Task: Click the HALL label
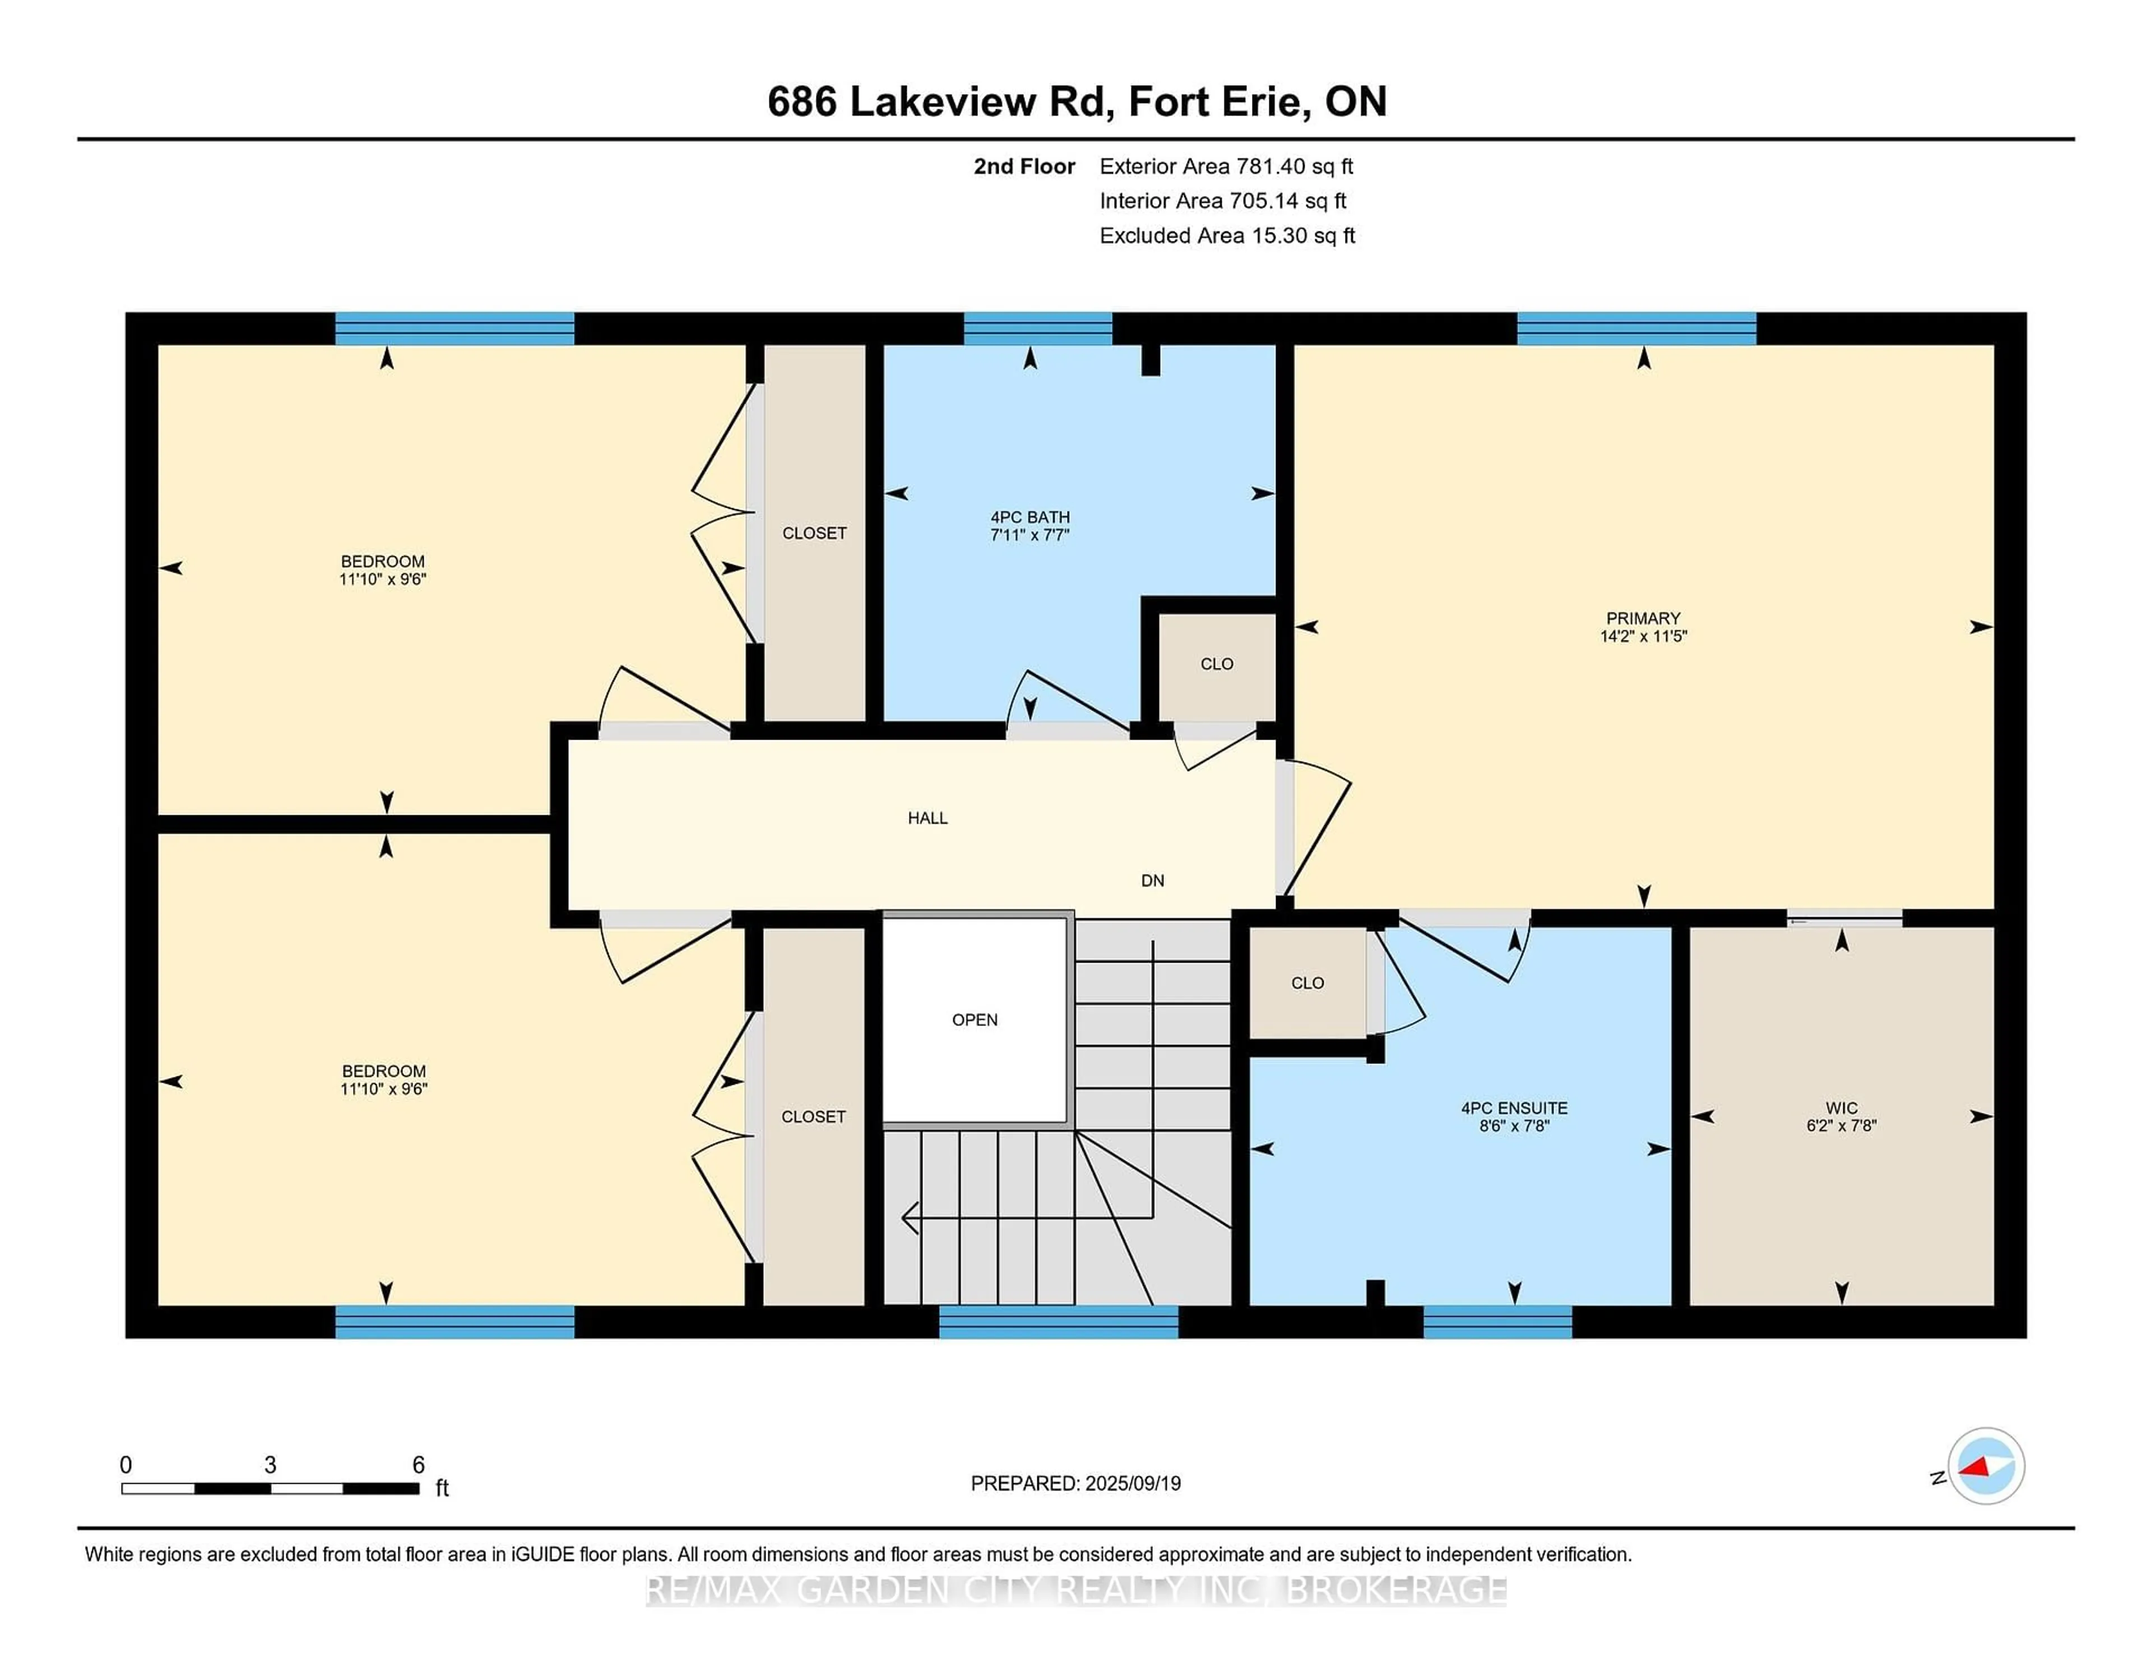[927, 817]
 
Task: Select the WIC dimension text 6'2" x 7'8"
[1840, 1125]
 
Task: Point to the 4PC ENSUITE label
[1514, 1108]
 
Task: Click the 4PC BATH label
[1029, 517]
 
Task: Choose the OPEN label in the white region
[975, 1020]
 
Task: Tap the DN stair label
[1152, 881]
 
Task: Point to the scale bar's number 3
[270, 1465]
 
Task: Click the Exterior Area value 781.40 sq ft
[1295, 166]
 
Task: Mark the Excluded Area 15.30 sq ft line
[1227, 235]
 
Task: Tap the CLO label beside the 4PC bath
[1217, 664]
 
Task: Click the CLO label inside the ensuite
[1307, 983]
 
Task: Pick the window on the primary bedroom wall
[1636, 328]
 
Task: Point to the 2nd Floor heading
[1024, 166]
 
